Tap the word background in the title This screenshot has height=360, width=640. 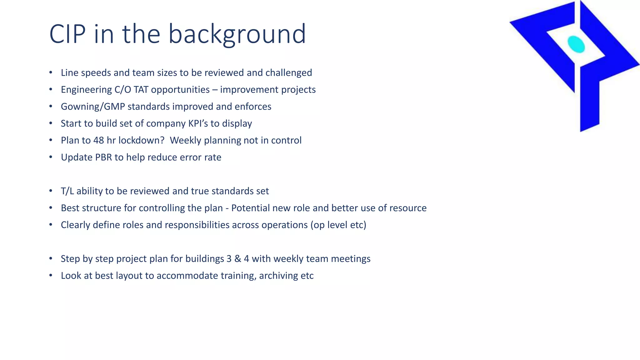(237, 34)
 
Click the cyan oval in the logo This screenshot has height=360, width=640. (576, 44)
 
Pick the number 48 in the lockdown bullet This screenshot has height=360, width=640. (98, 140)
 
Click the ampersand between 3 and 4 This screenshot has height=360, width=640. (237, 259)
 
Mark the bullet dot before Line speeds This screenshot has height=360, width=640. (51, 73)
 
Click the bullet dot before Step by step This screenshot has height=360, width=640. (51, 259)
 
